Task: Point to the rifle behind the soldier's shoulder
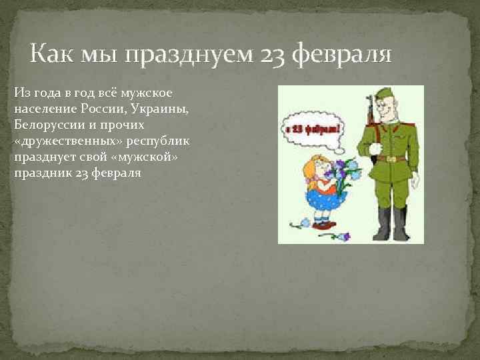click(369, 110)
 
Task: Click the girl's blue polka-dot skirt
click(322, 197)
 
